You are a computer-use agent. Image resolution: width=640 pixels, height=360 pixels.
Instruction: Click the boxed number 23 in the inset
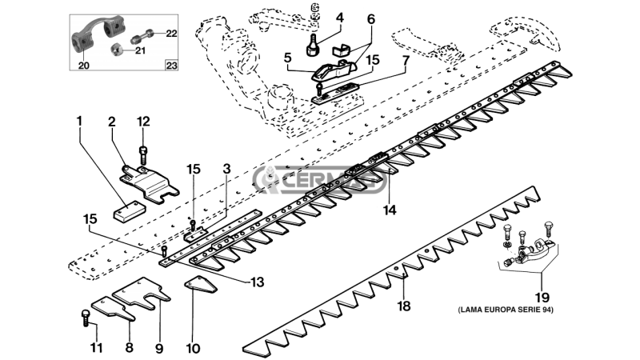tap(172, 66)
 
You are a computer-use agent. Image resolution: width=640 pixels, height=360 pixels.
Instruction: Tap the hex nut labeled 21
tap(117, 50)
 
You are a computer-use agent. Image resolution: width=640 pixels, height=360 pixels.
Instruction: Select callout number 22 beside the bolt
tap(171, 33)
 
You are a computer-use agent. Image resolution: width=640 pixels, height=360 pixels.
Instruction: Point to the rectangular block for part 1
tap(129, 211)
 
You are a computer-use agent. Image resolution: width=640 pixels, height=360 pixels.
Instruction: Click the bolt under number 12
tap(143, 155)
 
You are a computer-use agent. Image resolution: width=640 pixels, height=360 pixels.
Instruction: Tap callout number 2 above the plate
tap(112, 122)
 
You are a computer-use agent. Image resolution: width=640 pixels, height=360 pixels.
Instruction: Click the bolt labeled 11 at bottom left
tap(86, 317)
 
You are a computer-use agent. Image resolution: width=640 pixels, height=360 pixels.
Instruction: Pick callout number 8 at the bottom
tap(129, 347)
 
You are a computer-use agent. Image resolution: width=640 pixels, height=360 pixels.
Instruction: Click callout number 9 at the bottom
tap(159, 348)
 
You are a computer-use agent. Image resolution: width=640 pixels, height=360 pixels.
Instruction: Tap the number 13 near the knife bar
tap(258, 282)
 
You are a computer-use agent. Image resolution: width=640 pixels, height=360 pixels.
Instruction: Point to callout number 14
tap(390, 210)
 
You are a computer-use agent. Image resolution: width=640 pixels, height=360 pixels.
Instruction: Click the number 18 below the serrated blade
tap(404, 306)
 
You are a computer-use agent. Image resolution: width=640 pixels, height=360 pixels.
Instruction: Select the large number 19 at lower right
tap(542, 298)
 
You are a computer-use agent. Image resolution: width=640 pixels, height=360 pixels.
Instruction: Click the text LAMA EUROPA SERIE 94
tap(506, 310)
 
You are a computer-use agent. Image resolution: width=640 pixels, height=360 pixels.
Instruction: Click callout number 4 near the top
tap(339, 18)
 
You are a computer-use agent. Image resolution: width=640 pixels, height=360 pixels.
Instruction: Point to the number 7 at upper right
tap(406, 61)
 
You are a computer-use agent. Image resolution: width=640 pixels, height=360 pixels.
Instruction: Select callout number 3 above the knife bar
tap(227, 169)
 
